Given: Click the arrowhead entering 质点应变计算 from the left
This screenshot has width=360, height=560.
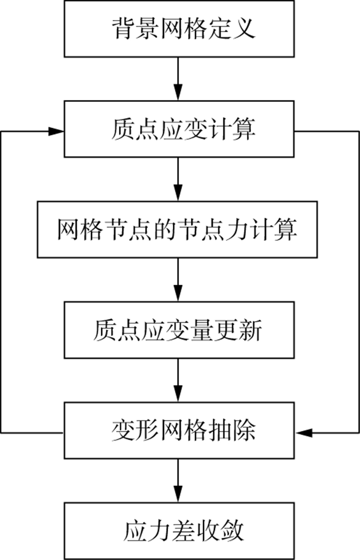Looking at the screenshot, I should point(57,131).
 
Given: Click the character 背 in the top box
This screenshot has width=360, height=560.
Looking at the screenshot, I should point(123,29).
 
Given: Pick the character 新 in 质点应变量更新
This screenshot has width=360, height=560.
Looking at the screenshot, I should point(250,330).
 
